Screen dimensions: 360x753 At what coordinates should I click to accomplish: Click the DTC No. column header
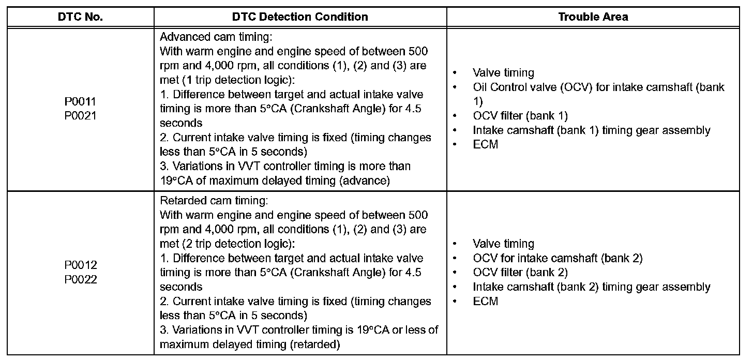(80, 17)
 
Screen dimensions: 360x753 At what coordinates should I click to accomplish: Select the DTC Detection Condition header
(300, 17)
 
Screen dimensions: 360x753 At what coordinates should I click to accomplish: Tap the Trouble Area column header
(593, 17)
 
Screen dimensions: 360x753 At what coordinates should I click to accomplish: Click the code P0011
(80, 102)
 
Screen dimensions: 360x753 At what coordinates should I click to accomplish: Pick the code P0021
(80, 116)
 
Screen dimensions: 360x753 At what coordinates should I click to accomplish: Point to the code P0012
(81, 265)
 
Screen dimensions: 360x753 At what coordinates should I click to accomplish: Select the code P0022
(81, 279)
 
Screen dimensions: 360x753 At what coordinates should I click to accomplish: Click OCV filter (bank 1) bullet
(520, 116)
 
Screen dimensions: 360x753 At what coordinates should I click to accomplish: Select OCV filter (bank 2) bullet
(520, 272)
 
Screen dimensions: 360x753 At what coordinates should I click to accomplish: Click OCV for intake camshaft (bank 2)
(558, 258)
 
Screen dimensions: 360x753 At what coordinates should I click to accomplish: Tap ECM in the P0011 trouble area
(485, 145)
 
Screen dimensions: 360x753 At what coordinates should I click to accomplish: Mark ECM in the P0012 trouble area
(485, 301)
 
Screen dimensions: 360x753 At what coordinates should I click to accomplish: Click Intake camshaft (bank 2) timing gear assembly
(591, 287)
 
